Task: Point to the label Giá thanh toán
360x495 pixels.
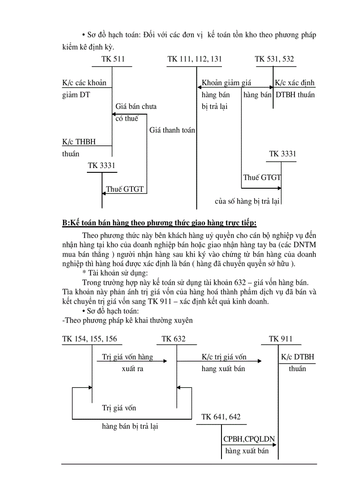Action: coord(172,130)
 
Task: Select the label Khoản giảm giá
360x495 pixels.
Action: coord(226,83)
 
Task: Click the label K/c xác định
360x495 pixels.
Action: coord(295,83)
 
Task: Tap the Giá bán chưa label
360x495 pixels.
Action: coord(136,106)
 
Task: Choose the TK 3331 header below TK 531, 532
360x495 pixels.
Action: coord(283,154)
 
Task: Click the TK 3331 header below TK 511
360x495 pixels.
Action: coord(101,166)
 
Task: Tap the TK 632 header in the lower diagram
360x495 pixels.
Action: coord(173,339)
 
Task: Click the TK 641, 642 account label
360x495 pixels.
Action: coord(221,417)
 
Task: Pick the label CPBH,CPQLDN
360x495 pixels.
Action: coord(249,439)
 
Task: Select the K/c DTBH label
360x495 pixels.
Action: coord(297,357)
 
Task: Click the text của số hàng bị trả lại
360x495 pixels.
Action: coord(247,201)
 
